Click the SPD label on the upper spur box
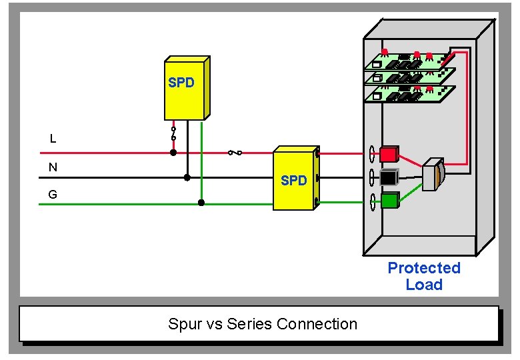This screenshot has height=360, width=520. coord(181,83)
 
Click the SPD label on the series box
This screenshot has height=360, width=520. coord(293,181)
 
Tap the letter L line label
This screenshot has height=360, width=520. coord(53,139)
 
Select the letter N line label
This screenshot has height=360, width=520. coord(53,167)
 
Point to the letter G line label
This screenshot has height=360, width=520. coord(53,195)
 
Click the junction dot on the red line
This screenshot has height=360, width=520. coord(173,153)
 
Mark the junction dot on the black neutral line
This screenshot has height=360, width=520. coord(187,177)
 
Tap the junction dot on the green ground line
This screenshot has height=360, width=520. coord(201,203)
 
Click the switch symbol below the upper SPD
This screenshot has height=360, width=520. coord(173,133)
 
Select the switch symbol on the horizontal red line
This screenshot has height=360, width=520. coord(235,153)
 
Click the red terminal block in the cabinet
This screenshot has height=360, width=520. coord(389,155)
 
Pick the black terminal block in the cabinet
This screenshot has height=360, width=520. coord(389,177)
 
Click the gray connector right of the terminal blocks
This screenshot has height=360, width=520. coord(433,175)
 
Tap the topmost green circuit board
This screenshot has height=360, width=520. coord(408,60)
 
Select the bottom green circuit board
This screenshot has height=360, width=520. coord(408,94)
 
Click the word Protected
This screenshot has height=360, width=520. coord(424,268)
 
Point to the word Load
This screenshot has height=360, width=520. coord(424,285)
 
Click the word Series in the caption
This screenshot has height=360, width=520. coord(249,324)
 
